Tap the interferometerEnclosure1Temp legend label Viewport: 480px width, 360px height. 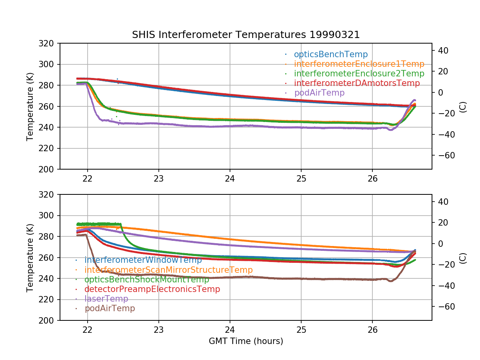click(x=359, y=64)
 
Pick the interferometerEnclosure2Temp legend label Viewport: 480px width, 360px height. click(x=359, y=74)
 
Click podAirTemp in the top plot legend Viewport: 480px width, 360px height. click(x=319, y=93)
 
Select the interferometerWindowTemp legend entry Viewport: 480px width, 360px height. click(x=143, y=260)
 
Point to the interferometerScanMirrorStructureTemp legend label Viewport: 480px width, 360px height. click(x=169, y=270)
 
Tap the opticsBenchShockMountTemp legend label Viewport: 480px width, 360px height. click(x=147, y=279)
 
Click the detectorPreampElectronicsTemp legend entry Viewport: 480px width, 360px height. click(x=152, y=289)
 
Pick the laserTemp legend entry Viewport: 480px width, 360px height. click(x=106, y=298)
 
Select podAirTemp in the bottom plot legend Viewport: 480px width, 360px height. click(x=110, y=308)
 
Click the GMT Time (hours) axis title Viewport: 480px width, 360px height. click(x=246, y=341)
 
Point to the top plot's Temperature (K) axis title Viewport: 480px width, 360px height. click(x=30, y=107)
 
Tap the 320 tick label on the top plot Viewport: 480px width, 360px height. click(x=46, y=43)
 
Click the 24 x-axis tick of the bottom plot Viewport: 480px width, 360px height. click(x=230, y=330)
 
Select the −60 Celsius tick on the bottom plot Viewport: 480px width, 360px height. click(x=446, y=307)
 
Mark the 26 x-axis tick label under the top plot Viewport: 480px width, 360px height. click(x=372, y=179)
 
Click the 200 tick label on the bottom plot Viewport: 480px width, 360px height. click(x=46, y=321)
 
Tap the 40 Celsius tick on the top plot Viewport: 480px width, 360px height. click(x=443, y=50)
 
